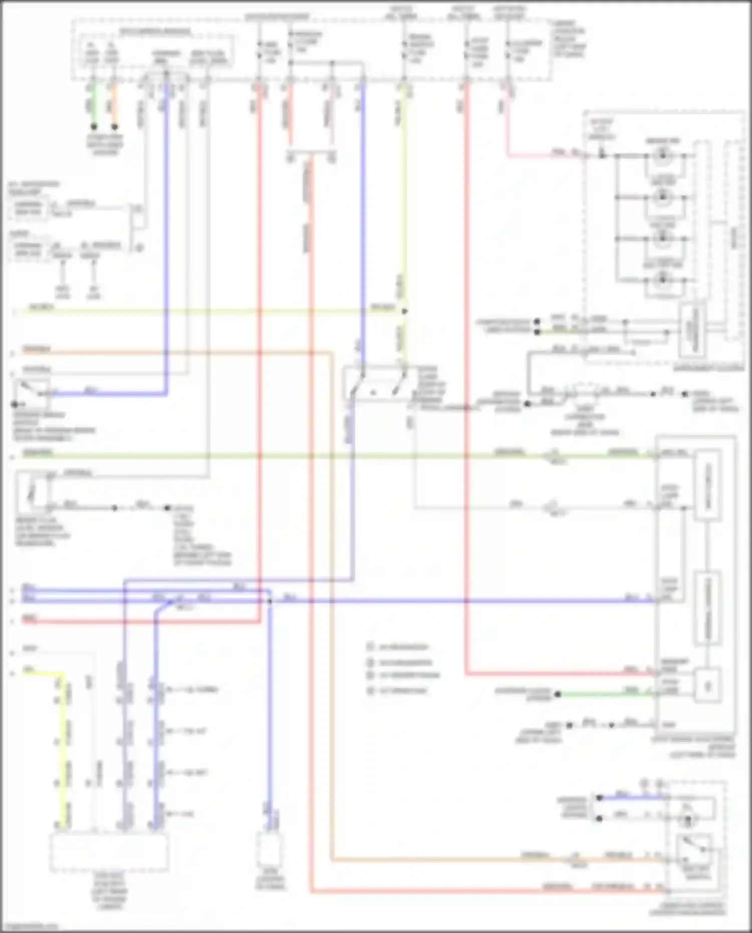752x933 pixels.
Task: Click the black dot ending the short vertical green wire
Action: tap(94, 127)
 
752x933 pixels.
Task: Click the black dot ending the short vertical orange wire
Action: tap(115, 127)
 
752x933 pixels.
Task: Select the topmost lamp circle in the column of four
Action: tap(663, 156)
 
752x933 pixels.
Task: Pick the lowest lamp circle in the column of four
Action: tap(663, 280)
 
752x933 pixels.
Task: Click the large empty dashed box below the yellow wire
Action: tap(109, 852)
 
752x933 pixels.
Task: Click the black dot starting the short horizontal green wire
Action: tap(557, 694)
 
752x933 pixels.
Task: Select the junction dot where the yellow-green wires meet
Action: tap(405, 311)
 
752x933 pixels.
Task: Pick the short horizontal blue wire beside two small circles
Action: tap(629, 797)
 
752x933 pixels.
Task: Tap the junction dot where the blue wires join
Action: tap(269, 600)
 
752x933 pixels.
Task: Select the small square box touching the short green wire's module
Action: tap(707, 686)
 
